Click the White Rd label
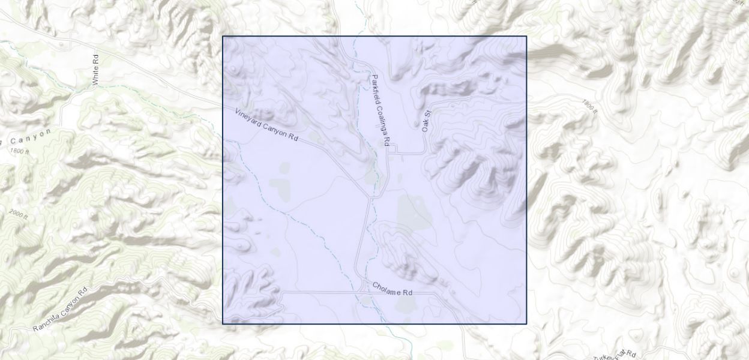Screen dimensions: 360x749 (x=95, y=69)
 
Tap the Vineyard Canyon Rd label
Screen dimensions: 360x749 (x=266, y=124)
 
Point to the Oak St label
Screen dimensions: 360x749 (x=426, y=121)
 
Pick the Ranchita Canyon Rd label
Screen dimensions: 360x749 (x=60, y=310)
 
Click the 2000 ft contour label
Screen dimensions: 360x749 (x=19, y=214)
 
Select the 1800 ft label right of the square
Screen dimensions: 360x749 (x=590, y=106)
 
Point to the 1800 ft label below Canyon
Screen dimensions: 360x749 (x=19, y=151)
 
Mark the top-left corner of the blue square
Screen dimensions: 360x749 (x=223, y=36)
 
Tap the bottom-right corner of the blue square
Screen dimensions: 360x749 (x=526, y=324)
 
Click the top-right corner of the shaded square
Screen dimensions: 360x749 (x=526, y=36)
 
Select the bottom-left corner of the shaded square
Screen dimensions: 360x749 (x=223, y=324)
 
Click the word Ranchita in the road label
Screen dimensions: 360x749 (x=47, y=319)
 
